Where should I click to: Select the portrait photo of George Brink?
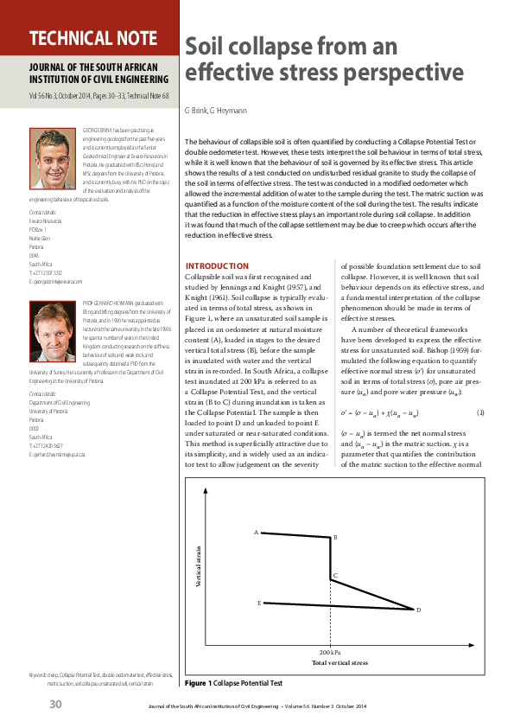[54, 151]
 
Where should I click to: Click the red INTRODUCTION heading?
[218, 265]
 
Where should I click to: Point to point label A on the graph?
[256, 532]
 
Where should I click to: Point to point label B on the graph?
[335, 538]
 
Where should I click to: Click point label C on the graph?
[335, 575]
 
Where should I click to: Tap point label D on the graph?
[418, 610]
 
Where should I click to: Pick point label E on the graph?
[258, 602]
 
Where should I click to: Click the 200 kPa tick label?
[330, 651]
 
